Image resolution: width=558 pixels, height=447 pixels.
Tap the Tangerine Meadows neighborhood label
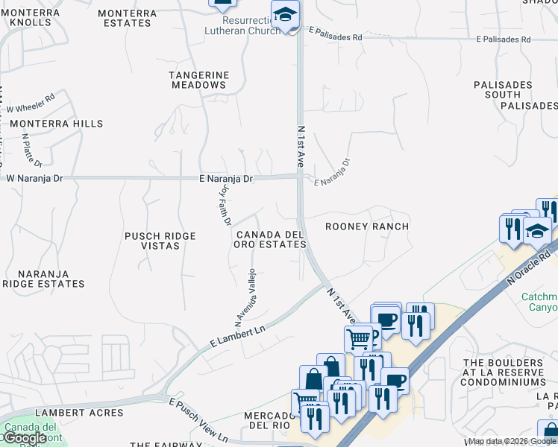198,80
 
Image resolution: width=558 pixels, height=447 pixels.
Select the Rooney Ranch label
367,226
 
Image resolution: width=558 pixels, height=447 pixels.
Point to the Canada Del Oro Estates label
270,239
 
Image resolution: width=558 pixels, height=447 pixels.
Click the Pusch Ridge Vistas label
160,241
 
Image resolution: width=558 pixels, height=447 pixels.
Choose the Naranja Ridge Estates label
43,279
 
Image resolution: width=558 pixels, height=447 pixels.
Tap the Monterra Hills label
56,123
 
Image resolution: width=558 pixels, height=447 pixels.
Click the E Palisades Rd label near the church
335,35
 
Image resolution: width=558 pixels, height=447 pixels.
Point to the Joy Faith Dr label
225,204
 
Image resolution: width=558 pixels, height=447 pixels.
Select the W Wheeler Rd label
31,104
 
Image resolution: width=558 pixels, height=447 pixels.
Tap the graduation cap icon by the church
285,15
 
